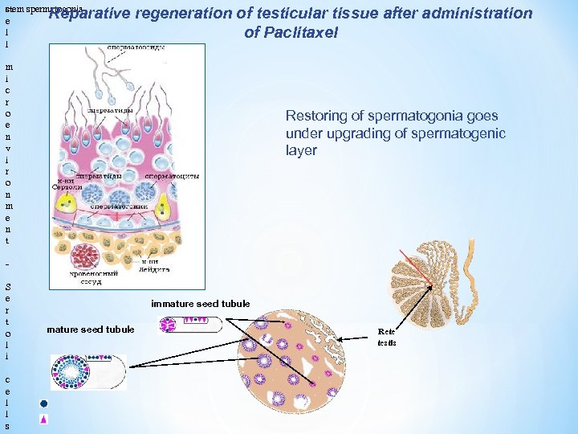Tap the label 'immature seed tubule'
point(200,304)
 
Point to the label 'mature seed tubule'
point(91,330)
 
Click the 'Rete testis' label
point(387,337)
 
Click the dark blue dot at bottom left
point(45,403)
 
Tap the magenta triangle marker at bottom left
point(45,419)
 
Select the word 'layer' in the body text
point(301,150)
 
